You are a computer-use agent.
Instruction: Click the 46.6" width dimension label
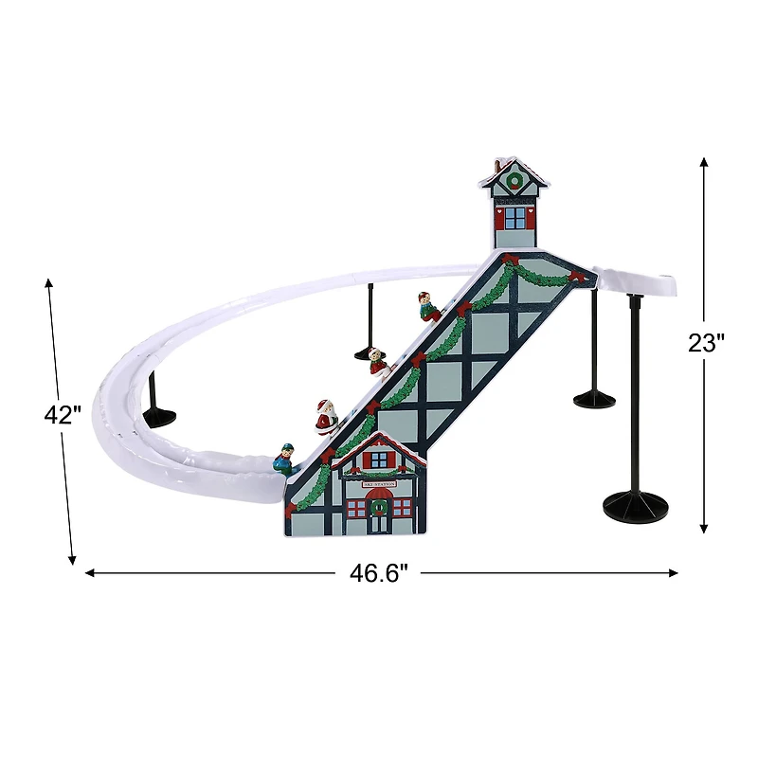click(378, 572)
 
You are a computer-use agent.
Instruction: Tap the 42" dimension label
click(63, 416)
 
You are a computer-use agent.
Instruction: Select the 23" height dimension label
click(706, 343)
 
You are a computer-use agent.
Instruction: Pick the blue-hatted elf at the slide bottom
click(284, 460)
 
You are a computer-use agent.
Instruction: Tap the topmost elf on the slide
click(427, 306)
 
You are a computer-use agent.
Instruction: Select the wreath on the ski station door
click(379, 507)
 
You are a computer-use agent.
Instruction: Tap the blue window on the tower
click(514, 218)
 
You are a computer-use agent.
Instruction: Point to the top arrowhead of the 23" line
click(704, 161)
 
